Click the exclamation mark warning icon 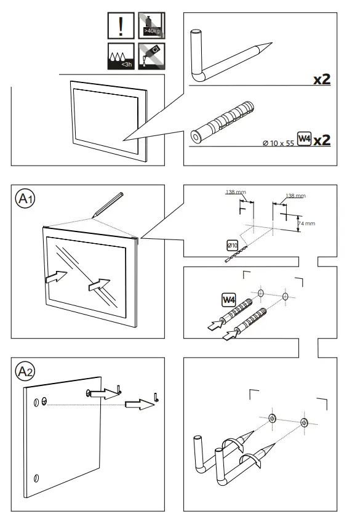[x=121, y=26]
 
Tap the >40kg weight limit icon [x=151, y=26]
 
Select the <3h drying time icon [x=121, y=56]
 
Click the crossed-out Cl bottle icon [x=151, y=56]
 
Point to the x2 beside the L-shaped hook [x=322, y=79]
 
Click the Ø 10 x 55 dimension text [x=278, y=143]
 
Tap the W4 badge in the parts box [x=304, y=139]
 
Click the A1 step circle [x=25, y=199]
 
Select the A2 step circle [x=25, y=371]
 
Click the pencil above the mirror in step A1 [x=108, y=204]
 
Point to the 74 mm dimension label [x=306, y=223]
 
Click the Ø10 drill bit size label [x=233, y=245]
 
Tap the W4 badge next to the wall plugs [x=229, y=300]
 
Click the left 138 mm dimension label [x=236, y=192]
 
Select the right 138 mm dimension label [x=295, y=196]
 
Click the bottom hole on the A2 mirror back [x=36, y=478]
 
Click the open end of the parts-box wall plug [x=195, y=137]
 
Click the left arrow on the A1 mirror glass [x=56, y=276]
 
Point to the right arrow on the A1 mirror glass [x=99, y=284]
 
